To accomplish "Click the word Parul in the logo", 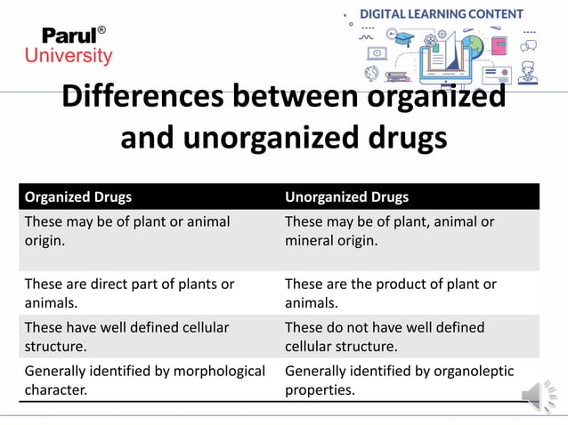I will tap(68, 36).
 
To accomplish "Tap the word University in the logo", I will tap(69, 57).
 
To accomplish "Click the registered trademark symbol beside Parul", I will tap(101, 30).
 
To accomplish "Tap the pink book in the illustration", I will tap(499, 44).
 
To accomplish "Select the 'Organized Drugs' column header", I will tap(78, 196).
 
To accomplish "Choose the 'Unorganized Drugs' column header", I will tap(346, 196).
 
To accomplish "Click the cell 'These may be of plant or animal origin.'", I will tap(127, 231).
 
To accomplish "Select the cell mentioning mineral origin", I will tap(389, 231).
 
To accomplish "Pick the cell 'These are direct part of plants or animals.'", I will tap(129, 293).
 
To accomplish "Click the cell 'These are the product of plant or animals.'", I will tap(390, 293).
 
